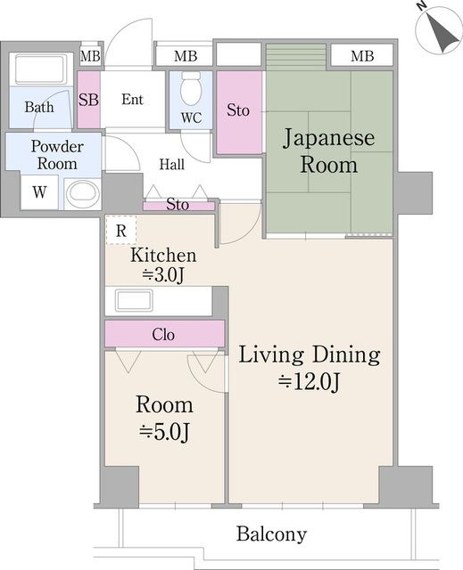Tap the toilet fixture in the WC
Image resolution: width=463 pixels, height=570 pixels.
191,90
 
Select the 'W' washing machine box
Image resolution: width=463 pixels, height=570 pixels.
39,192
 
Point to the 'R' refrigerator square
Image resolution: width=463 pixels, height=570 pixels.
120,230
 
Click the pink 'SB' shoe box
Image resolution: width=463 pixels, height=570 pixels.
88,100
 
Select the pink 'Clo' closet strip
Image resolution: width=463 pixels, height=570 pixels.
163,335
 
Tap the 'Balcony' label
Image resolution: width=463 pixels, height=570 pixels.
271,535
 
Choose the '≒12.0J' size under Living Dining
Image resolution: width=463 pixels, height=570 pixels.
310,382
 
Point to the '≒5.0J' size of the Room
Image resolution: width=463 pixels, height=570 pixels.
164,432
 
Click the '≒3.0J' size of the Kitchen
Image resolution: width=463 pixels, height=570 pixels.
163,275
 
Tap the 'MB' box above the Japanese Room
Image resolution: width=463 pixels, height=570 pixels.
361,57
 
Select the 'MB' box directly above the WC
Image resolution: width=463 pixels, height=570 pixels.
186,57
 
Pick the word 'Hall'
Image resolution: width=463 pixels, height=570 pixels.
172,164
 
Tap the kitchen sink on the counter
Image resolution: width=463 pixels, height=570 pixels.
130,300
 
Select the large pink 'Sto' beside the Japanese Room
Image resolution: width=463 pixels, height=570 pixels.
237,111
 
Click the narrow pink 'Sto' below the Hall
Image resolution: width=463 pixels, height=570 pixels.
178,206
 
